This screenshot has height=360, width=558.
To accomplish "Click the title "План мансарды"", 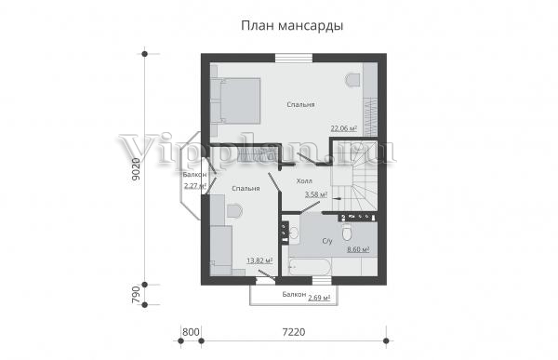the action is click(x=292, y=26).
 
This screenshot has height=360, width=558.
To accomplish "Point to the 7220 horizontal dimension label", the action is click(x=294, y=332).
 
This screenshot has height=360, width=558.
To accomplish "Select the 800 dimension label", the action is click(x=191, y=332).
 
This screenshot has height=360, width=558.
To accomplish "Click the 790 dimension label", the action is click(x=137, y=295).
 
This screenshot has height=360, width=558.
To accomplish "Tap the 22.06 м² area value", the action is click(x=344, y=128).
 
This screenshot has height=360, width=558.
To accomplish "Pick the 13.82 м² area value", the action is click(x=259, y=260).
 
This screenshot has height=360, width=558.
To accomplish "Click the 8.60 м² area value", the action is click(x=358, y=249).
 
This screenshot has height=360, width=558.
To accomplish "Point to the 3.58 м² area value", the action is click(x=316, y=194).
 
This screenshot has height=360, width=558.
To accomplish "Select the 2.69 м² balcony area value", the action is click(x=319, y=298).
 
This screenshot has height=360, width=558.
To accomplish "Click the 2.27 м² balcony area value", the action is click(x=195, y=185).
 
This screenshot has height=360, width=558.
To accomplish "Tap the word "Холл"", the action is click(x=304, y=181).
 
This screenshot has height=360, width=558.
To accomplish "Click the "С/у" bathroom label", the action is click(x=327, y=241).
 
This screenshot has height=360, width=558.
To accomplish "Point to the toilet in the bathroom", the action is click(x=347, y=233).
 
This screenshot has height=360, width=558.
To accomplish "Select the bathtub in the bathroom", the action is click(x=310, y=266).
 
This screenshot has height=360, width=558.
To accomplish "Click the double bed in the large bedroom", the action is click(x=235, y=100).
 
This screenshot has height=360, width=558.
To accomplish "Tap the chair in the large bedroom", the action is click(x=353, y=79).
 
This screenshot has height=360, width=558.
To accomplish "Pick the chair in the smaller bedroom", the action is click(x=234, y=210).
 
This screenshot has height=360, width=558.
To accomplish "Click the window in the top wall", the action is click(x=294, y=58).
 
